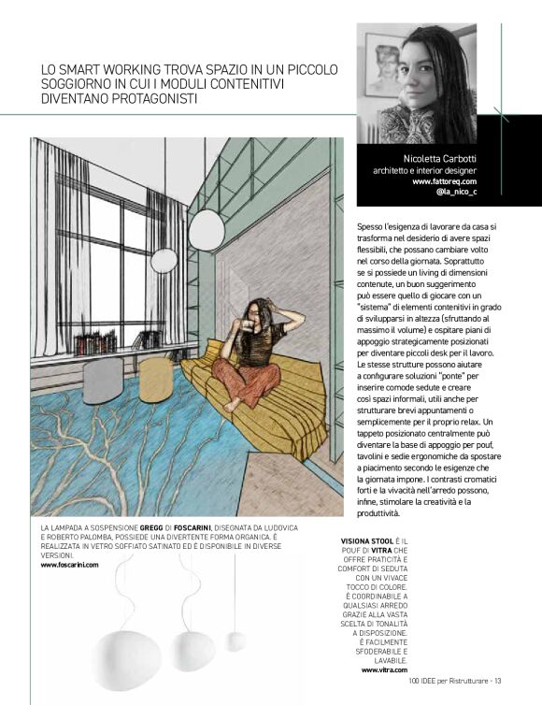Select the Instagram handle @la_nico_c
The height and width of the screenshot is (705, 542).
tap(456, 193)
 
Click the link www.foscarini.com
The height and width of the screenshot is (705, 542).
tap(69, 565)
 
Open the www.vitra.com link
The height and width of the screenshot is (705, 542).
tap(384, 670)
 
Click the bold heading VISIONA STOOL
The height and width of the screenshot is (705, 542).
tap(369, 541)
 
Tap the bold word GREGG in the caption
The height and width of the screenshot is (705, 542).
tap(153, 528)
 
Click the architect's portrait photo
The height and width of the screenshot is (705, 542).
tap(417, 83)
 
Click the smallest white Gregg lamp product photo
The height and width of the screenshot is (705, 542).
tap(236, 640)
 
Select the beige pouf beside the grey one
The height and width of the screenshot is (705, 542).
tap(155, 379)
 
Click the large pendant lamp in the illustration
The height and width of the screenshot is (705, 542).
tap(207, 229)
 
